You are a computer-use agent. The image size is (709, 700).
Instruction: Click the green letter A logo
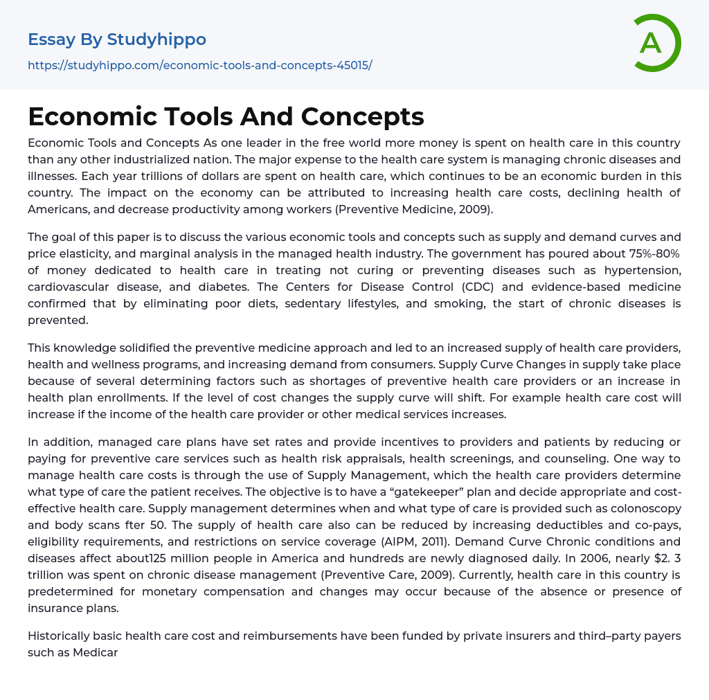[x=656, y=43]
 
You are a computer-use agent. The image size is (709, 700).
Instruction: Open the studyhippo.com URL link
[x=199, y=65]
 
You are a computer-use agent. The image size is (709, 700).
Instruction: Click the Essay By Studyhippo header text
[x=117, y=39]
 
